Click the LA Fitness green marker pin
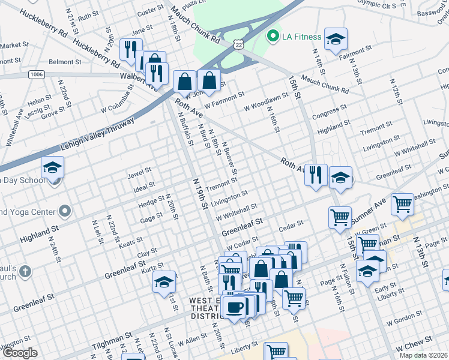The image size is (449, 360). pyautogui.click(x=274, y=37)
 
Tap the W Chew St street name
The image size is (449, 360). pyautogui.click(x=418, y=346)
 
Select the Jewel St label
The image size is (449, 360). pyautogui.click(x=139, y=175)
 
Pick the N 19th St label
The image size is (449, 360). pyautogui.click(x=200, y=193)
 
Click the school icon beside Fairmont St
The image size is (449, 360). pyautogui.click(x=336, y=38)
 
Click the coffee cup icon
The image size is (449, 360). pyautogui.click(x=234, y=307)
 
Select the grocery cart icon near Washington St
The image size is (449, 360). pyautogui.click(x=402, y=204)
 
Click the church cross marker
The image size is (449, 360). pyautogui.click(x=25, y=272)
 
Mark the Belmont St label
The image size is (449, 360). pyautogui.click(x=65, y=62)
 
